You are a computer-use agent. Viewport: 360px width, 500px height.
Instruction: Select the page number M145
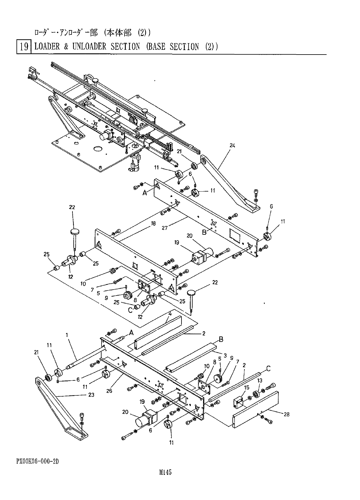tap(166, 473)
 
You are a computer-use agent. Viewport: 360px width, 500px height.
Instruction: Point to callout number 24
tap(232, 146)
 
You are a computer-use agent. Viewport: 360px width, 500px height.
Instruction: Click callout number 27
tap(164, 228)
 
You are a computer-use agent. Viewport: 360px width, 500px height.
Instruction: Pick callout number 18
tap(153, 223)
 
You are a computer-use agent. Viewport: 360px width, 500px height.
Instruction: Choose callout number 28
tap(287, 414)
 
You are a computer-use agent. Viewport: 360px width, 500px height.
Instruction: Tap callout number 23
tap(91, 395)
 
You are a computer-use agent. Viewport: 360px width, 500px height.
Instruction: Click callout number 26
tap(109, 391)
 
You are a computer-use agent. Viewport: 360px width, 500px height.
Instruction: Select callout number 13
tap(260, 380)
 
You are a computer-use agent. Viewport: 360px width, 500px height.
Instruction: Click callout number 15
tap(246, 388)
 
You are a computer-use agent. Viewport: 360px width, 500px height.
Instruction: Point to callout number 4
tap(170, 314)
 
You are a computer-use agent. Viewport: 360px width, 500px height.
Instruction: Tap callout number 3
tap(225, 356)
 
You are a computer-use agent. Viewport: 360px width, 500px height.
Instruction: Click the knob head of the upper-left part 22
tap(75, 231)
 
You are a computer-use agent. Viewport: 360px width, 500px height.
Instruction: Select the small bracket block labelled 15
tap(239, 400)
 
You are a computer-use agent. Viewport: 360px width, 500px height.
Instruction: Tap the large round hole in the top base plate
tap(98, 149)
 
